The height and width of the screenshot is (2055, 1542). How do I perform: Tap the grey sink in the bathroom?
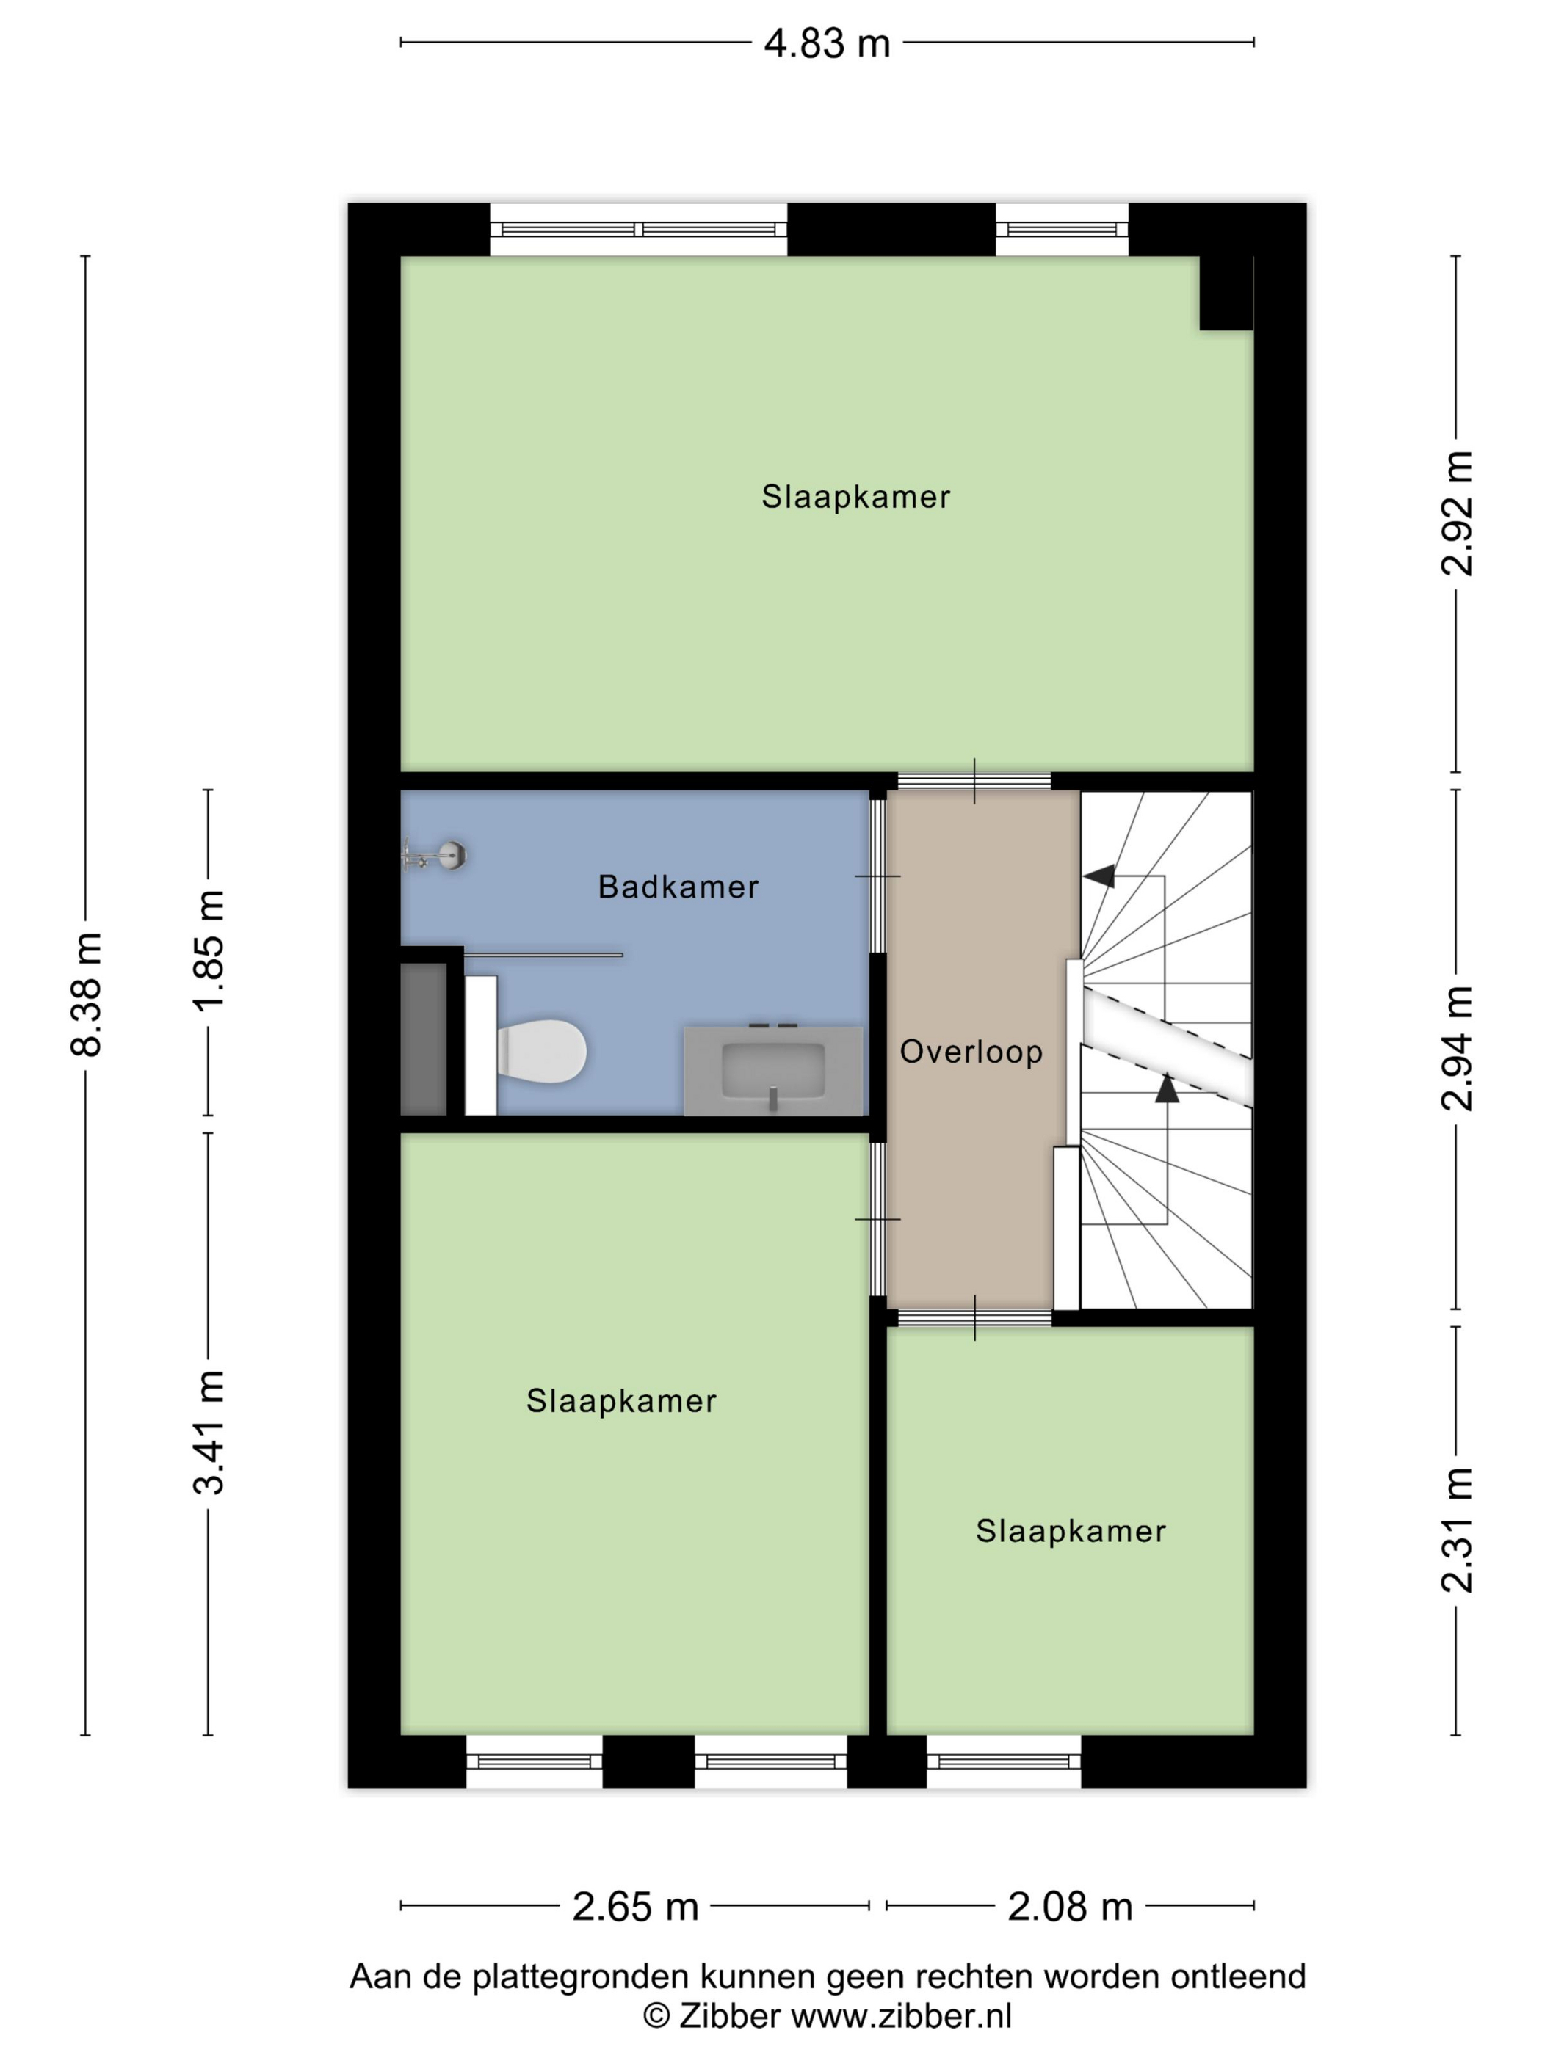click(x=773, y=1069)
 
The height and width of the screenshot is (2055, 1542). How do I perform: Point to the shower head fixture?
click(x=435, y=854)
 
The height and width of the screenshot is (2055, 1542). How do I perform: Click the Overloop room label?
click(x=971, y=1052)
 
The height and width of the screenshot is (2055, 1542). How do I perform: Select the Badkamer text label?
click(x=678, y=887)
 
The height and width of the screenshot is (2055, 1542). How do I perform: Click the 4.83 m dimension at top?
click(x=826, y=43)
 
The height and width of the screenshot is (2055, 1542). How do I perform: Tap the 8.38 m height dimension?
click(x=87, y=994)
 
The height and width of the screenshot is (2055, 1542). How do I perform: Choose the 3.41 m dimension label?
click(x=209, y=1432)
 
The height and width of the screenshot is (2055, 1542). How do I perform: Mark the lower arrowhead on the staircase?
click(x=1167, y=1087)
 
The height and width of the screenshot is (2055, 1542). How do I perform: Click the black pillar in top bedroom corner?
click(x=1226, y=293)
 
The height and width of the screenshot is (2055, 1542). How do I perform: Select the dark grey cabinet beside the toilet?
click(x=424, y=1039)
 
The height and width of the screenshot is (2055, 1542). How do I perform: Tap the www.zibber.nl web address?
click(x=901, y=2015)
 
